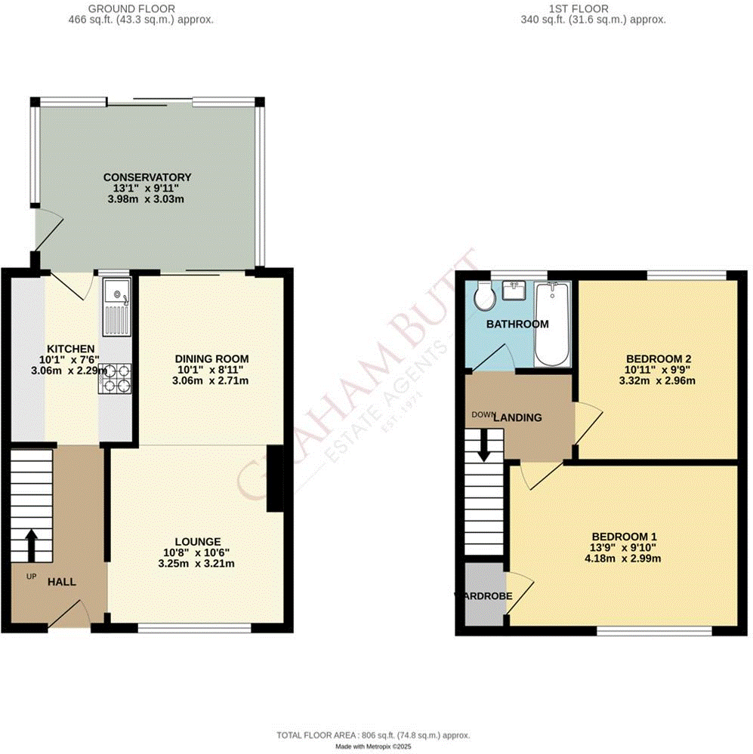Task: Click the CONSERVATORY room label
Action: coord(147,177)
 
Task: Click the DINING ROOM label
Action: coord(211,359)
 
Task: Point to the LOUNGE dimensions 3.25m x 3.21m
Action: coord(197,563)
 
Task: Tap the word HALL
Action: coord(63,583)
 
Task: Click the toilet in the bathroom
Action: coord(483,298)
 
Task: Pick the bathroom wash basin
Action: coord(518,291)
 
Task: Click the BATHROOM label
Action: coord(517,325)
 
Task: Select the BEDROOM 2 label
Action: coord(658,359)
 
